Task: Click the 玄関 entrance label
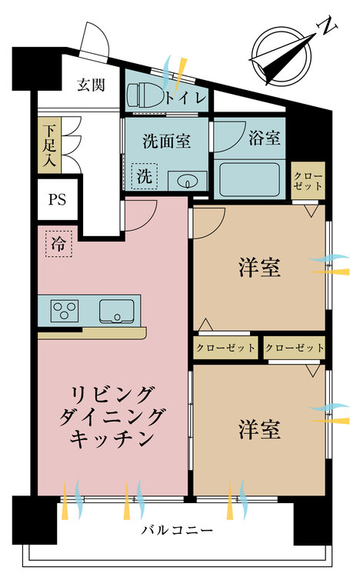(x=91, y=85)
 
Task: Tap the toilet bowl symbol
(x=145, y=95)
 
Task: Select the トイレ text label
(x=185, y=98)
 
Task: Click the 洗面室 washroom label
(x=166, y=141)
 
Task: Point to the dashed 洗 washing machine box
(x=145, y=176)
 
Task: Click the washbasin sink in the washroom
(x=188, y=181)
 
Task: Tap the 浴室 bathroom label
(x=265, y=138)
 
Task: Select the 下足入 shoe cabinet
(x=49, y=145)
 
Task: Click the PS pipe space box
(x=58, y=199)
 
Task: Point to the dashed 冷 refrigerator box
(x=58, y=244)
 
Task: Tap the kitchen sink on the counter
(x=116, y=312)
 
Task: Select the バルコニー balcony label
(x=177, y=530)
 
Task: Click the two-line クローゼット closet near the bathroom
(x=308, y=181)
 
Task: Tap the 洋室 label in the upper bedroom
(x=259, y=268)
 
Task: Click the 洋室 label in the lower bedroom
(x=259, y=429)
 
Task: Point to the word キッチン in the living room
(x=112, y=438)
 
